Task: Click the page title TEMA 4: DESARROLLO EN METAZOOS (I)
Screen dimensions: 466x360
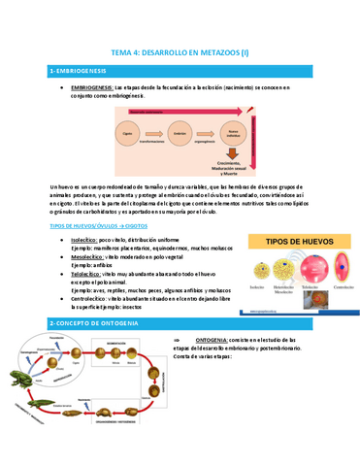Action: coord(180,52)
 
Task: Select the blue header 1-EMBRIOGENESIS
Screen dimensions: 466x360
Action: coord(78,73)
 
